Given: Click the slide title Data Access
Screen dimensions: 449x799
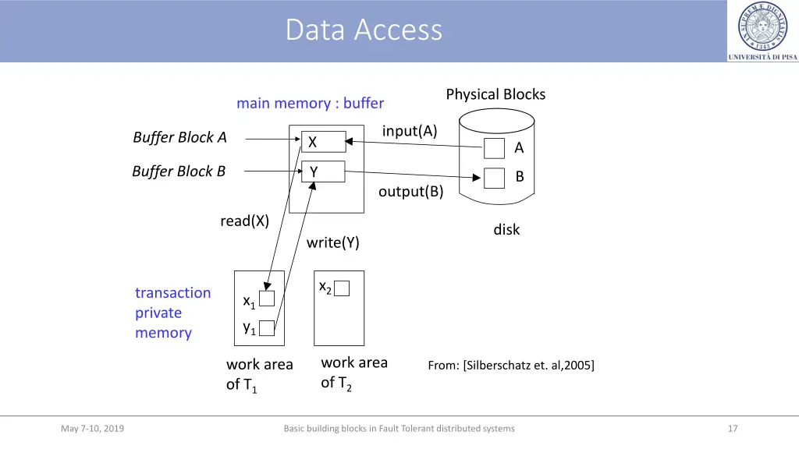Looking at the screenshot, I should point(364,30).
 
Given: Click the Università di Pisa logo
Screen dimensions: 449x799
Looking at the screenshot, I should point(762,30).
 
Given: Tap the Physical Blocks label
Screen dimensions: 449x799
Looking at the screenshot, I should point(495,94).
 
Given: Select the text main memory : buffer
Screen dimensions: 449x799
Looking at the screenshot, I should point(310,103).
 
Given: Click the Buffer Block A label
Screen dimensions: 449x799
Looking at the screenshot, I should point(179,137).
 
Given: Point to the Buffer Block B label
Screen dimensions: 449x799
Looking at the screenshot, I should point(179,171).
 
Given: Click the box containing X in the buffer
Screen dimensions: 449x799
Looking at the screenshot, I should point(323,142).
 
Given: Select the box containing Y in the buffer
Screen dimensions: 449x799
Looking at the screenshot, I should point(323,171).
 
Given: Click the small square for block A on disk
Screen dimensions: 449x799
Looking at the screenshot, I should point(494,148).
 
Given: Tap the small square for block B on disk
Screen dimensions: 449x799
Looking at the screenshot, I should point(494,178).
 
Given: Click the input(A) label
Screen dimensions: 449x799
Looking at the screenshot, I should point(410,131).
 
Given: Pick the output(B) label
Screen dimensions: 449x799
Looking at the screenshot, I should point(410,192).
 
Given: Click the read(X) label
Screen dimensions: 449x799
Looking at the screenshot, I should point(244,221).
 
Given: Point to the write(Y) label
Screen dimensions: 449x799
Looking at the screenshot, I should point(332,242).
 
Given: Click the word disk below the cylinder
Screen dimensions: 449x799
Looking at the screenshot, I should point(506,230).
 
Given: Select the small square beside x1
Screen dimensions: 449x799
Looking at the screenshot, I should point(267,299).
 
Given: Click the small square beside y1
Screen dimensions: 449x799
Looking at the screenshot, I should point(267,327).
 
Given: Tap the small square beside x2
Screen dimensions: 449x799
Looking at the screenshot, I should point(342,288).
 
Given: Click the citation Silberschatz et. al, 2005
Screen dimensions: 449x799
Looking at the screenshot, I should point(511,365).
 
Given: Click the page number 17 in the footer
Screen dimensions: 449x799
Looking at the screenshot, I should point(732,428).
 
